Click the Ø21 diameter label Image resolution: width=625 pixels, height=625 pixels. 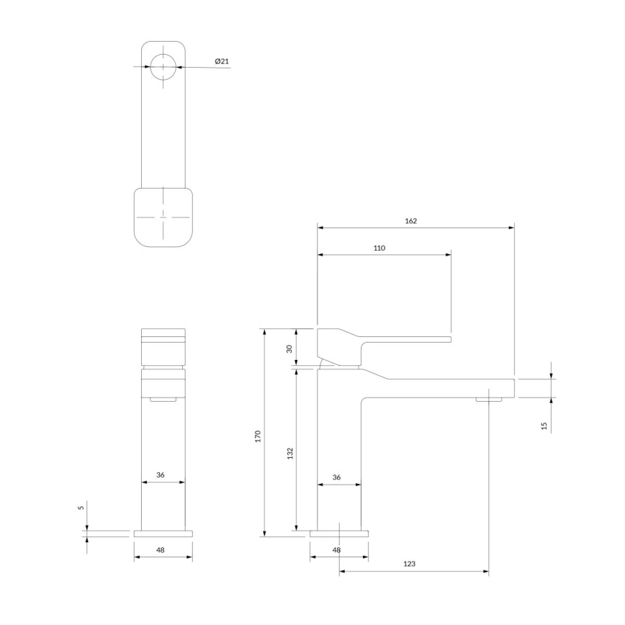coord(222,62)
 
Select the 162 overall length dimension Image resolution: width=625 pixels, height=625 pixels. coord(410,221)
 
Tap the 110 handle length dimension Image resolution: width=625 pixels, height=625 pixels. coord(379,248)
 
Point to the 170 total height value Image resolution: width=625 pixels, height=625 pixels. coord(258,436)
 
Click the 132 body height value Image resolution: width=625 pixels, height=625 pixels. coord(289,453)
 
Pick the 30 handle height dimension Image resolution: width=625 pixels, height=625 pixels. coord(289,349)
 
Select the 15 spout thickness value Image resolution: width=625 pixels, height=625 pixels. coord(544,426)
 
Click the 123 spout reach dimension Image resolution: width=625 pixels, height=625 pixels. coord(409,565)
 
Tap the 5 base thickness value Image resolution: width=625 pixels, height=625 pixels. coord(81,507)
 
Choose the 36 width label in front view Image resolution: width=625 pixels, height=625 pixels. coord(161,475)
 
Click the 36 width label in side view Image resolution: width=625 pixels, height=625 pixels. coord(336,477)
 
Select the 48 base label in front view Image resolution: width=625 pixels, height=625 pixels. coord(161,550)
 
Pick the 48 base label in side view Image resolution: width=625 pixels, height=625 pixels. coord(336,550)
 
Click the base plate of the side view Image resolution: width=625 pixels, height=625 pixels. coord(339,534)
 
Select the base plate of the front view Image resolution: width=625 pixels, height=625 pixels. coord(163,534)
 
